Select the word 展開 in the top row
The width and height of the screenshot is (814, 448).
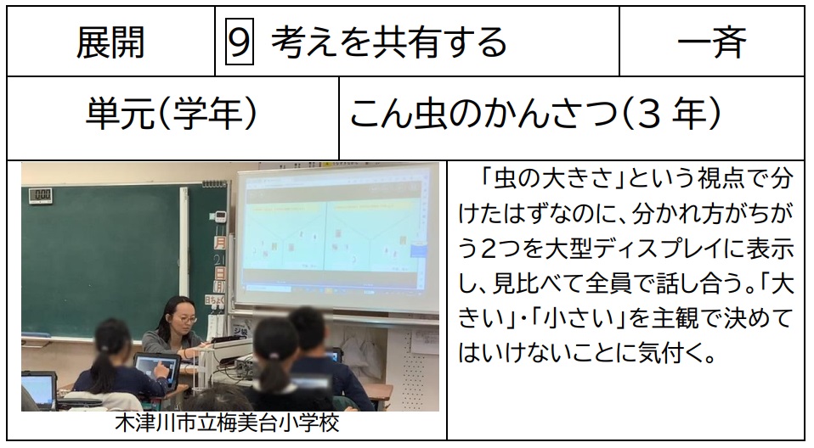pyautogui.click(x=110, y=42)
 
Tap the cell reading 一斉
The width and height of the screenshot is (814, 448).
pyautogui.click(x=712, y=42)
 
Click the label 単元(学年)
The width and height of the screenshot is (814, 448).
pyautogui.click(x=172, y=114)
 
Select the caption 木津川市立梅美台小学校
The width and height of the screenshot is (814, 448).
pyautogui.click(x=227, y=423)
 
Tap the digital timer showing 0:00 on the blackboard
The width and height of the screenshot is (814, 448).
pyautogui.click(x=41, y=194)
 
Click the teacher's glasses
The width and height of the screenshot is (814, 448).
pyautogui.click(x=184, y=318)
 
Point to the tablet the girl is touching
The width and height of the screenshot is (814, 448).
pyautogui.click(x=156, y=368)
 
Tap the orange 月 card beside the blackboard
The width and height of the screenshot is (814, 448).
pyautogui.click(x=220, y=242)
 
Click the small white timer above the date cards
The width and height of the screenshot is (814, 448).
pyautogui.click(x=220, y=214)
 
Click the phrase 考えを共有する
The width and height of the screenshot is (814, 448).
pyautogui.click(x=389, y=42)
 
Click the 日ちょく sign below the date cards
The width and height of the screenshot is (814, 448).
pyautogui.click(x=214, y=300)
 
